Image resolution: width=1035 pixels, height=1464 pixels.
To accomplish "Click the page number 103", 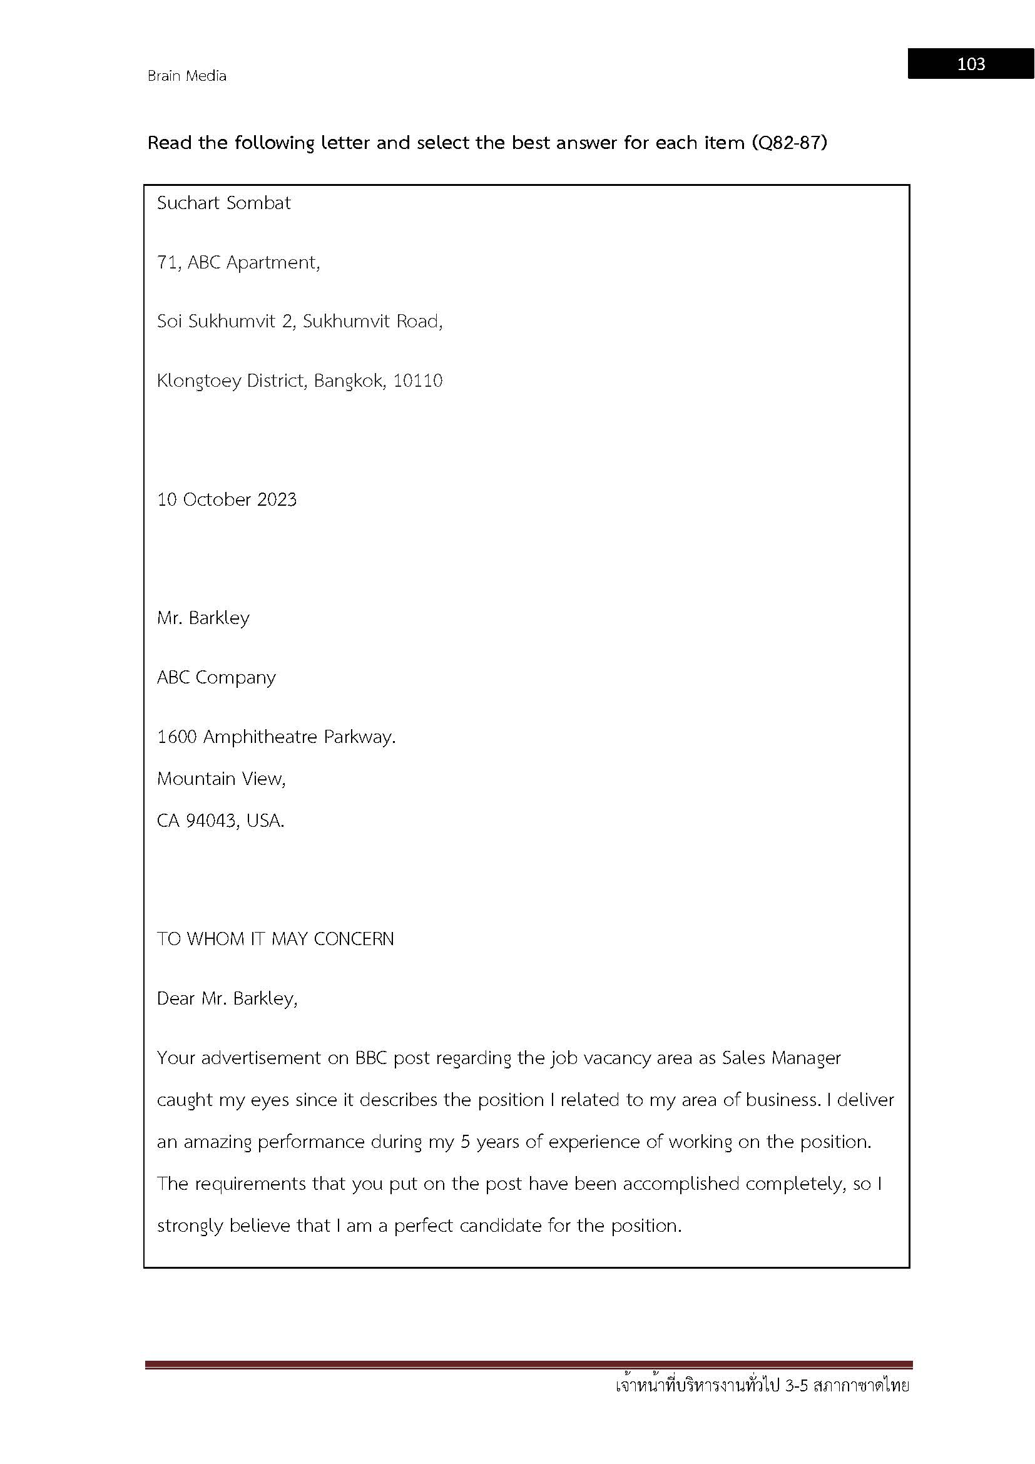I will [971, 64].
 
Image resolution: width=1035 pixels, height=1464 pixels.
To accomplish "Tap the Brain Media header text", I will [186, 76].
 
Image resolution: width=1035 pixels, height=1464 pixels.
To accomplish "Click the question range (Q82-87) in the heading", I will [789, 142].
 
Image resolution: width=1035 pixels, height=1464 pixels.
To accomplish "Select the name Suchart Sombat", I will [223, 203].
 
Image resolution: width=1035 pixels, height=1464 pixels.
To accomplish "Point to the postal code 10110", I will [417, 381].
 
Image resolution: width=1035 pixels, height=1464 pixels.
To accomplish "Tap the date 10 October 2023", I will [227, 499].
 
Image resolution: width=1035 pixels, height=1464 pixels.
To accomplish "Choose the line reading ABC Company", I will [216, 677].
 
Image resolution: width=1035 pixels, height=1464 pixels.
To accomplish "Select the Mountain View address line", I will [221, 779].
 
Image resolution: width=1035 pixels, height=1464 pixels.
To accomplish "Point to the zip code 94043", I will [211, 821].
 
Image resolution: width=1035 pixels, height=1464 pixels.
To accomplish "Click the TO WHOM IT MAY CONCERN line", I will [275, 939].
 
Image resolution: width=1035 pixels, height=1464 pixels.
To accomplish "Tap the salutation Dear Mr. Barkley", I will [227, 998].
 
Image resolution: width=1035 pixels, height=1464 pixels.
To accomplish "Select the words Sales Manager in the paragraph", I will [781, 1058].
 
